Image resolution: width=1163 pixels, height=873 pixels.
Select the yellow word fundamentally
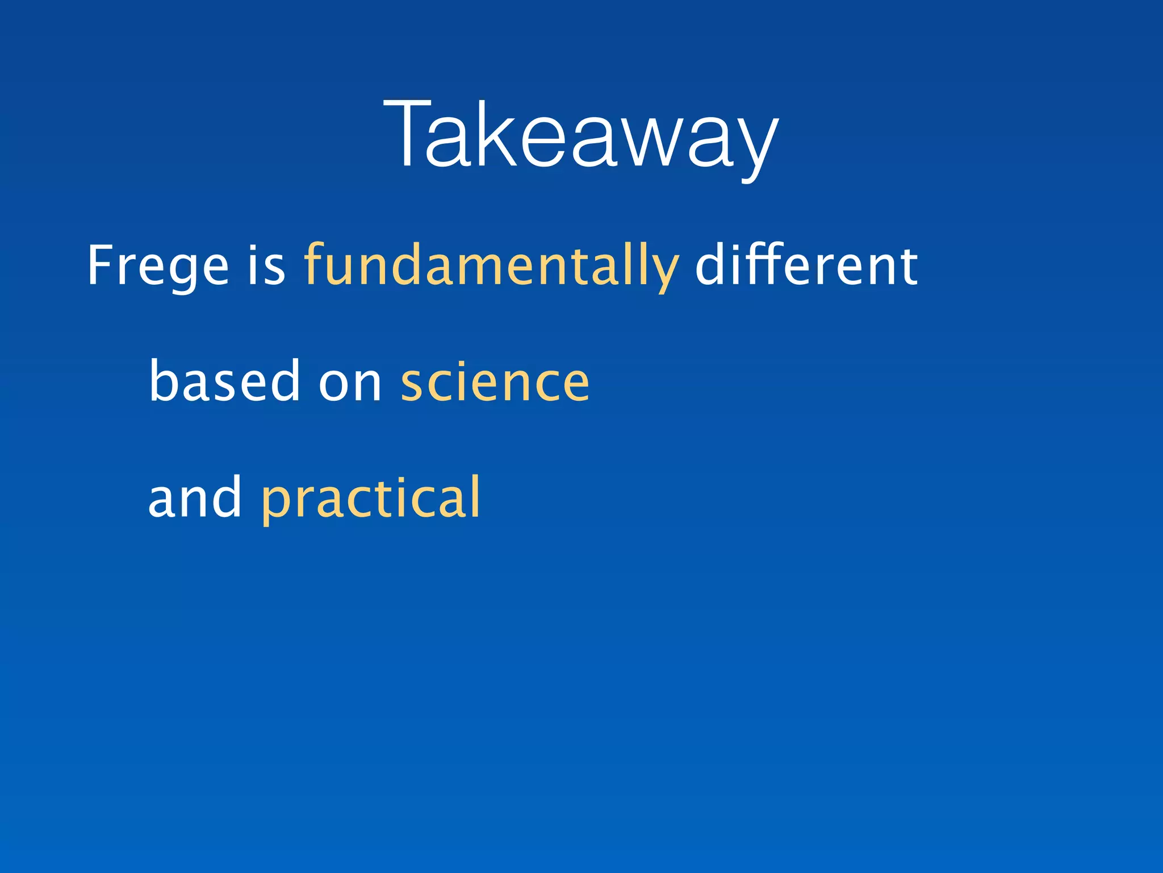pyautogui.click(x=491, y=266)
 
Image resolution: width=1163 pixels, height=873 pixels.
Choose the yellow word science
pyautogui.click(x=495, y=382)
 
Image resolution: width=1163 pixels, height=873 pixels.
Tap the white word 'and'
pyautogui.click(x=195, y=498)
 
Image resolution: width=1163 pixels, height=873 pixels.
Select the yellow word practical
pyautogui.click(x=370, y=498)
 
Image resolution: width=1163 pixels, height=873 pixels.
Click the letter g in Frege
pyautogui.click(x=185, y=273)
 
